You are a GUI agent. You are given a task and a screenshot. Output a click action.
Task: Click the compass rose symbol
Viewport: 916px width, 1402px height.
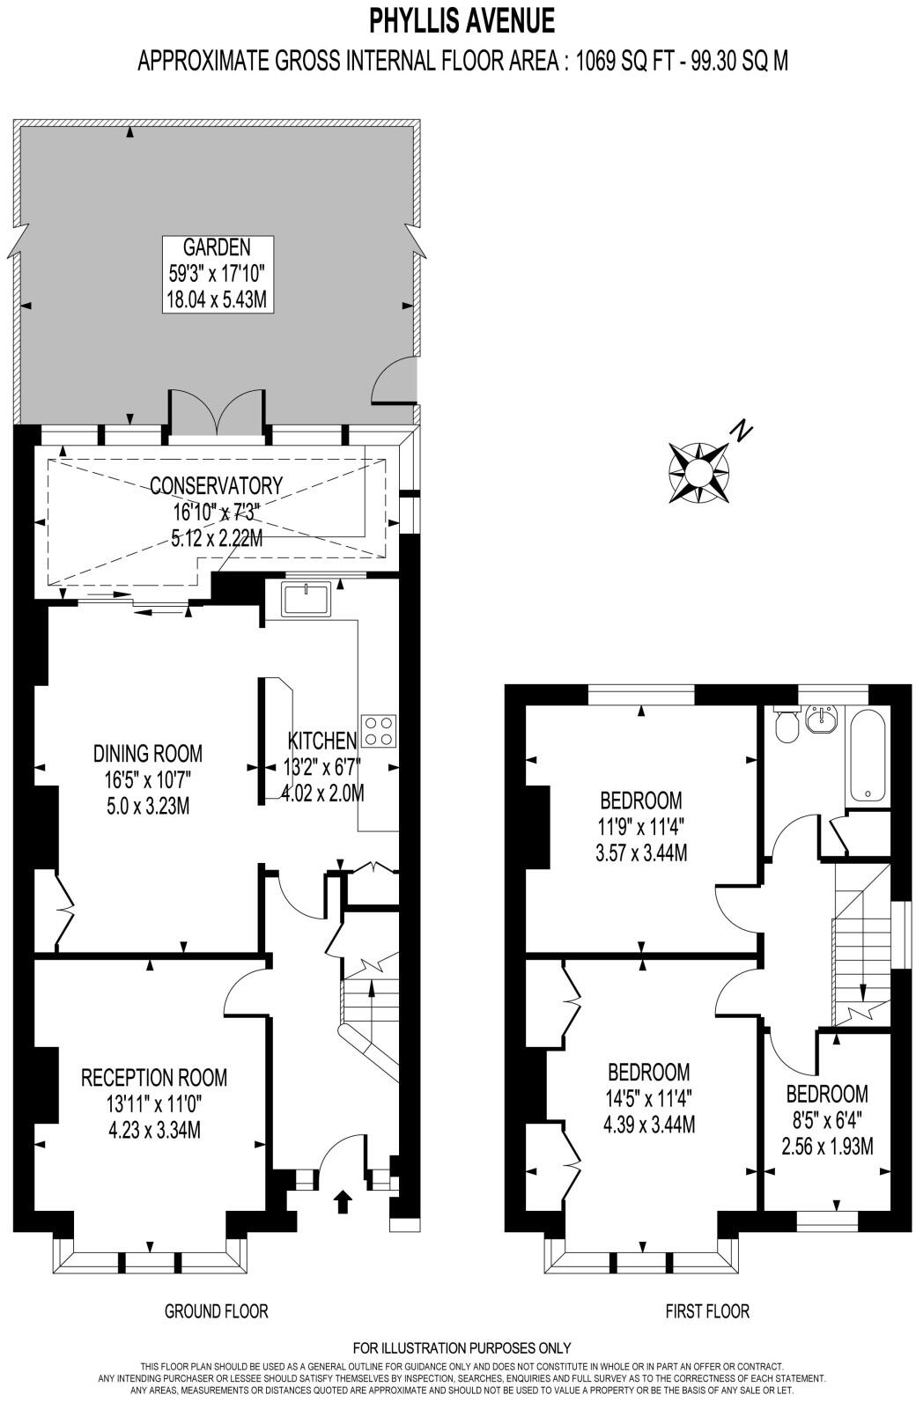tap(698, 473)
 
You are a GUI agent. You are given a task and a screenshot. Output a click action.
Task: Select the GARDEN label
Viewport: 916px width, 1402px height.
tap(217, 247)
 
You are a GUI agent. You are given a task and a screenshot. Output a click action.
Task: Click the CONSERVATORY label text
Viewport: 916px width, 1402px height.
tap(216, 485)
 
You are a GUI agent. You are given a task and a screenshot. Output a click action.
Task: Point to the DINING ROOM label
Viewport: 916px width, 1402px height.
tap(148, 753)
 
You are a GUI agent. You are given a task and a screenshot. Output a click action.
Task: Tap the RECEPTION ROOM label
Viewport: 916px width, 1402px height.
tap(154, 1077)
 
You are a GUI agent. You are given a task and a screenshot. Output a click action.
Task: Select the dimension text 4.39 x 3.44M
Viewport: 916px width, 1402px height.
tap(649, 1125)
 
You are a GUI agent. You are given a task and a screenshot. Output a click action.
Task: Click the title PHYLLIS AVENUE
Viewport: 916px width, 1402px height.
tap(462, 18)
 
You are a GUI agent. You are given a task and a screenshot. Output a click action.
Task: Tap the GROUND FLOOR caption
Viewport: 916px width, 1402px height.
tap(216, 1311)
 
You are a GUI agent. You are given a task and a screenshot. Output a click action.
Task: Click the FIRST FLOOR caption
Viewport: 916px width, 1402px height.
tap(707, 1311)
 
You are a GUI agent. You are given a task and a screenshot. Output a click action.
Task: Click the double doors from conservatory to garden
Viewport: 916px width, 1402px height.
tap(216, 416)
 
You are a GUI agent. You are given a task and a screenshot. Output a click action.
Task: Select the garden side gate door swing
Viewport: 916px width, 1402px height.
tap(395, 379)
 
